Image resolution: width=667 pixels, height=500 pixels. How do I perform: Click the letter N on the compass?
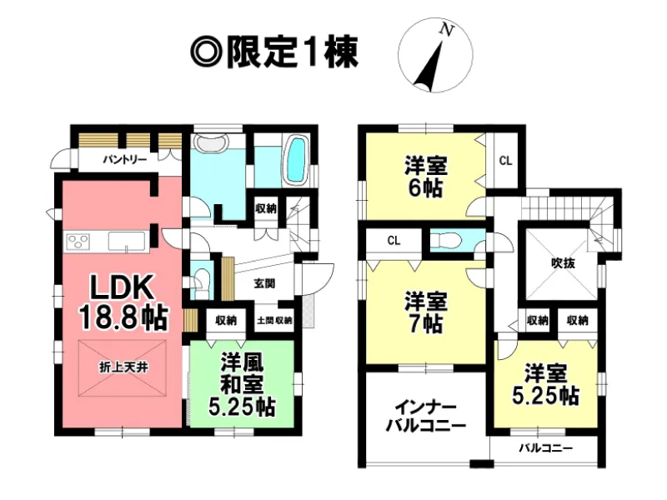click(446, 30)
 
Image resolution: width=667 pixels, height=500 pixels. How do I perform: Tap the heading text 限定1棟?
click(293, 52)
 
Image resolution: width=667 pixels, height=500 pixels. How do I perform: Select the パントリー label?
click(124, 160)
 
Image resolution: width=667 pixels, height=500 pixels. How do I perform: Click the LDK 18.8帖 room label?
click(123, 302)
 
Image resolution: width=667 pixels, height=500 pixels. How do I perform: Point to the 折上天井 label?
click(123, 367)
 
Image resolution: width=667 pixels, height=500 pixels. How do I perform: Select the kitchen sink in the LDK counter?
click(127, 241)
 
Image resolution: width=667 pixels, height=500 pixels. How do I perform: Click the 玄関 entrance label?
click(264, 283)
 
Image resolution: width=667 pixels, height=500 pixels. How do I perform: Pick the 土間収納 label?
click(274, 320)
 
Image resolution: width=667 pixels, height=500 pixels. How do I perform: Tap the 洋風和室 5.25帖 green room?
click(242, 384)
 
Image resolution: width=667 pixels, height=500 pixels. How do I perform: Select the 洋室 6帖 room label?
click(425, 177)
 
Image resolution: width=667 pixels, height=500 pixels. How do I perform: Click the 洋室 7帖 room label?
click(425, 312)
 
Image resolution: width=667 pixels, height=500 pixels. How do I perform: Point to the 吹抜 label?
click(563, 263)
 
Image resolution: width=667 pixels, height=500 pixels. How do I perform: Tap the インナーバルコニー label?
click(426, 417)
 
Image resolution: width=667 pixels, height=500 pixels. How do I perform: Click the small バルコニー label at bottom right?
click(545, 448)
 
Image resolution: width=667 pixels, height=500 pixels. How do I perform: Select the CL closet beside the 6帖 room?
click(505, 161)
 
